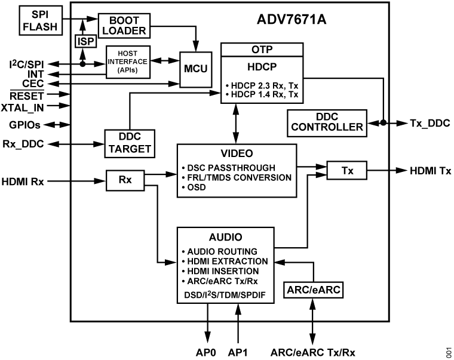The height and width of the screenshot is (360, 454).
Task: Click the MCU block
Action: (x=195, y=68)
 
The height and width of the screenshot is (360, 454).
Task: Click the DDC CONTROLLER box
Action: (x=327, y=122)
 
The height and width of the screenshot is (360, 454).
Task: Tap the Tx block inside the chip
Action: (x=346, y=171)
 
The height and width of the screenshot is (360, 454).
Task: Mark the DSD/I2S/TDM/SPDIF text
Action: (x=224, y=294)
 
